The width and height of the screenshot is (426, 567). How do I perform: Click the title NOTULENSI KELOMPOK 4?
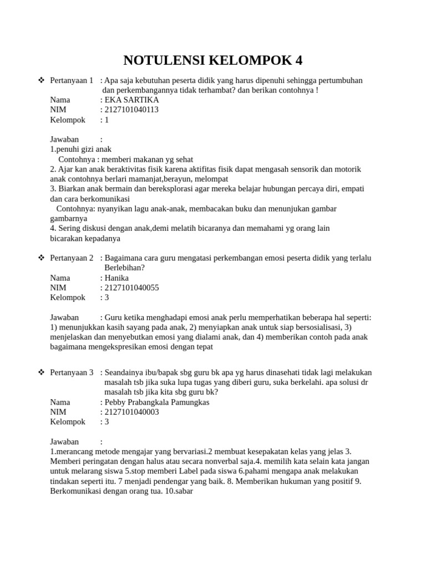[213, 60]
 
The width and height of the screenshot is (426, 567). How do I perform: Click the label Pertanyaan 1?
[72, 80]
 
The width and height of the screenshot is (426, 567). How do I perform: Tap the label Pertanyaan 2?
[72, 258]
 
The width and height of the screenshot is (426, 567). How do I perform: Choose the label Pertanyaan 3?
[72, 373]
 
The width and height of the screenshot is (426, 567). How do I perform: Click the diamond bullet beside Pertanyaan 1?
[41, 80]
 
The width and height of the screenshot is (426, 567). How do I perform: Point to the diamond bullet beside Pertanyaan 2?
[41, 258]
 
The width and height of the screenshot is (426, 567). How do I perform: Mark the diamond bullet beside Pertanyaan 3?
[41, 373]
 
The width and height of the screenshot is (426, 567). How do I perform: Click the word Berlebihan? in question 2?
[124, 267]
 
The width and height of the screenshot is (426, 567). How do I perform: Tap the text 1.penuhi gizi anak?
[81, 149]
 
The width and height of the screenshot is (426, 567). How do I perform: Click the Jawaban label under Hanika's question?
[64, 317]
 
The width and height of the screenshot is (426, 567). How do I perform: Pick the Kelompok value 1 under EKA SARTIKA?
[106, 120]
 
